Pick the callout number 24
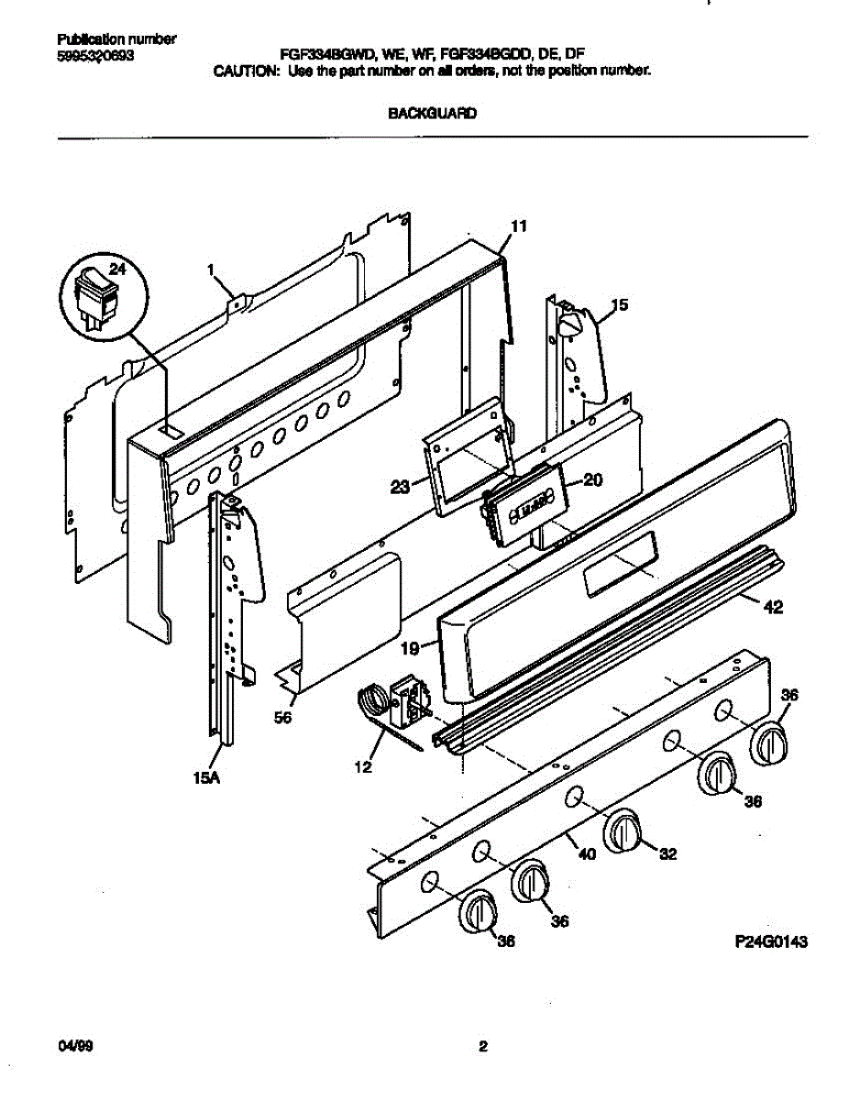(116, 269)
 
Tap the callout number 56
(282, 719)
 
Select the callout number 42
(773, 607)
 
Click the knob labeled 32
(623, 832)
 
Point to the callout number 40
(587, 854)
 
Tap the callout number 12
(364, 766)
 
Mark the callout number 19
(410, 648)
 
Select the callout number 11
(519, 225)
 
